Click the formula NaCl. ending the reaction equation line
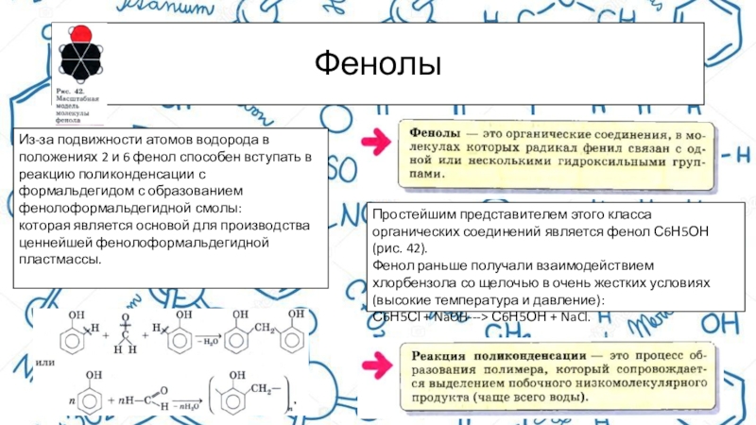point(576,316)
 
